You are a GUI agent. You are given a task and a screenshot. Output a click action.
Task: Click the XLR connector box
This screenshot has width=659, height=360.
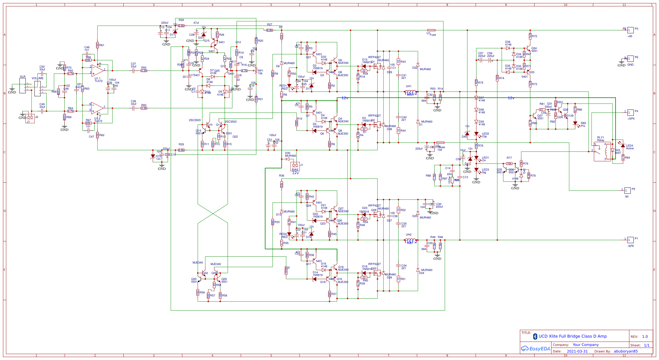23,86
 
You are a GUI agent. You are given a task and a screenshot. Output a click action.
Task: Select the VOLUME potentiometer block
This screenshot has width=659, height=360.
38,88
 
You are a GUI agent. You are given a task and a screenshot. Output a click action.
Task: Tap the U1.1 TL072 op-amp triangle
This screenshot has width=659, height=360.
97,70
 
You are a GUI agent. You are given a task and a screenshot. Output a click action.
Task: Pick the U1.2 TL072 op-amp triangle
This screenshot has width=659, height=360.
97,108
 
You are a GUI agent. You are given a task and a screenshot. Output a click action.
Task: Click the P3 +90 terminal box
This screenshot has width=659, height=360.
631,30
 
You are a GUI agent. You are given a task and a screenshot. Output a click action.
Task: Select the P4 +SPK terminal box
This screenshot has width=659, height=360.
631,112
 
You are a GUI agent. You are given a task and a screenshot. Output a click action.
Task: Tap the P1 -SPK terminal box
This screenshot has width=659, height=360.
631,240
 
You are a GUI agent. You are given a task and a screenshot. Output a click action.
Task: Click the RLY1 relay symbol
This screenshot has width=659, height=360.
602,152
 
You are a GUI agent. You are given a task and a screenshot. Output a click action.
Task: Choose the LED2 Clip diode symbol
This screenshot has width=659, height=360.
476,134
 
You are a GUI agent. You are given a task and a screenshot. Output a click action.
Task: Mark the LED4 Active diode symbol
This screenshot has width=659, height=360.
623,146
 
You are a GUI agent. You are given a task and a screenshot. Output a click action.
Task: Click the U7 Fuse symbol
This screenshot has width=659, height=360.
431,30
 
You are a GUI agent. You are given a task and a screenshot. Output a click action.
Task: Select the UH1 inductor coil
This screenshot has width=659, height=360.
410,91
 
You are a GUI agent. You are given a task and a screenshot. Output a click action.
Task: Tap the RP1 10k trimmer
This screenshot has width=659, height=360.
256,71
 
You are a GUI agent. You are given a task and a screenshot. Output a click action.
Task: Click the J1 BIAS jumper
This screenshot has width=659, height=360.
295,165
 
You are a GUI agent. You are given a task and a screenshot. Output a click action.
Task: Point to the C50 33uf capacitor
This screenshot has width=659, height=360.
42,73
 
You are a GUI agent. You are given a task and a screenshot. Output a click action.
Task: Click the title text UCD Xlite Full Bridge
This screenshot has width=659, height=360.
572,336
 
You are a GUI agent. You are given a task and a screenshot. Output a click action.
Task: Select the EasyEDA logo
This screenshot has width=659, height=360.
536,349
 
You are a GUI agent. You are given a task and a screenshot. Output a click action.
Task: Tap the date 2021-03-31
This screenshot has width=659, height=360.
577,351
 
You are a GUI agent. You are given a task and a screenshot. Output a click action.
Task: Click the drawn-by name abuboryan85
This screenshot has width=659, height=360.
625,351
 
